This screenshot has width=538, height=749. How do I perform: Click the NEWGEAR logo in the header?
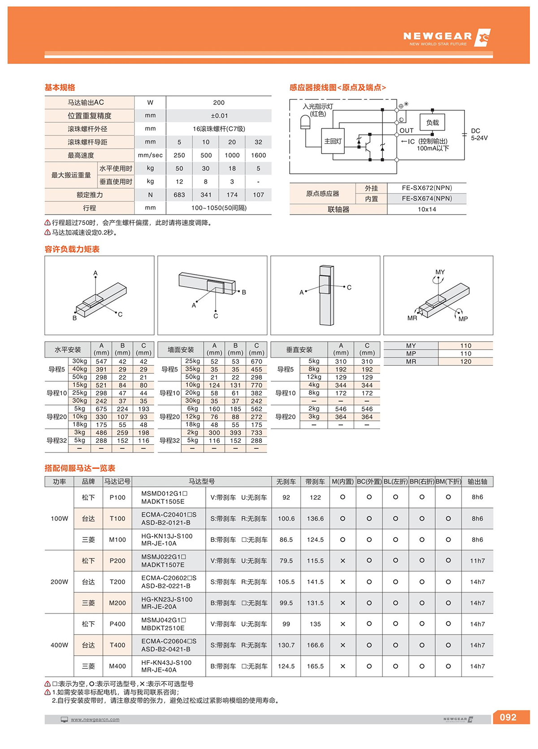(446, 38)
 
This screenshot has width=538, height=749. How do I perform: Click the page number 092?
(508, 717)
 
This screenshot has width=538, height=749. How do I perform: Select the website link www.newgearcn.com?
(95, 719)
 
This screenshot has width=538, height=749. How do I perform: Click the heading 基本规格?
(60, 87)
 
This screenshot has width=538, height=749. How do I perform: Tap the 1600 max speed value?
(258, 155)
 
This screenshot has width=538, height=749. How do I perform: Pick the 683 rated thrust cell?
(179, 195)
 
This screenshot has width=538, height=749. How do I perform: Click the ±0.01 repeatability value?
(219, 116)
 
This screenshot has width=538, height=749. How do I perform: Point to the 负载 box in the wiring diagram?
(432, 122)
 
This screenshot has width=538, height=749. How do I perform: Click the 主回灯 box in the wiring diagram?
(333, 141)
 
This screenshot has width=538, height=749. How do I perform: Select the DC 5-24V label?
(479, 134)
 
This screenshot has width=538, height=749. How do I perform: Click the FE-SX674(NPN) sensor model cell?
(426, 199)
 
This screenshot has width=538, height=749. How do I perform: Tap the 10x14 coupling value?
(426, 209)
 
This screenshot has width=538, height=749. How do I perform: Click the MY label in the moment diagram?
(440, 272)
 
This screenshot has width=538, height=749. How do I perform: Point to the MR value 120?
(465, 362)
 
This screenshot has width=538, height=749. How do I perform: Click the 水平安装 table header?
(68, 350)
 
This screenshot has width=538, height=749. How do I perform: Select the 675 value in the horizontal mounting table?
(101, 409)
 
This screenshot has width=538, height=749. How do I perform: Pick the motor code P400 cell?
(117, 624)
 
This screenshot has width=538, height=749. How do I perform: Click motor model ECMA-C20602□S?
(169, 578)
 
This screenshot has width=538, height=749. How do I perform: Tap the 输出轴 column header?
(477, 481)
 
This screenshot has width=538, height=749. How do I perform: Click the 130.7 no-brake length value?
(286, 645)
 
